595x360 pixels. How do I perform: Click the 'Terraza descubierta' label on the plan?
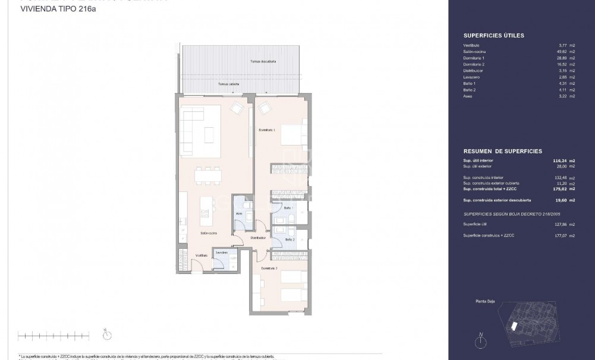263,61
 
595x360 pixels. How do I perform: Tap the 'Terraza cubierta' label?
228,84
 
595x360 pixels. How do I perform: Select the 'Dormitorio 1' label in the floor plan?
267,130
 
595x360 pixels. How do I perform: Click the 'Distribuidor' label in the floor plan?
257,237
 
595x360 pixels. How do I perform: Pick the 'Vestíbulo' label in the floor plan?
202,255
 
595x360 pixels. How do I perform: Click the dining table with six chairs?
208,175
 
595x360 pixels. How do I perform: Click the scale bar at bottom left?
53,336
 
